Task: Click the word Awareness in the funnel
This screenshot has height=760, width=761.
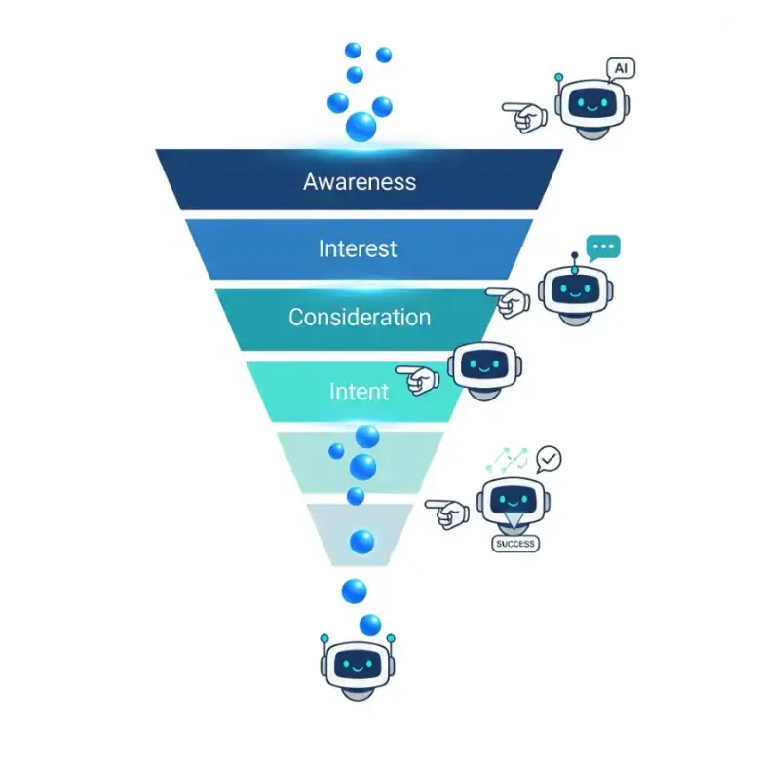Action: [x=360, y=182]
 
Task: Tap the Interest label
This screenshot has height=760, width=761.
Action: [x=358, y=248]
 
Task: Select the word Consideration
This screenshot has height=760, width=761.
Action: [x=360, y=318]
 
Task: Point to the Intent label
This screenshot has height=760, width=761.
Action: [x=359, y=392]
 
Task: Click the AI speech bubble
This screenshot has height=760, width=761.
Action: [x=621, y=69]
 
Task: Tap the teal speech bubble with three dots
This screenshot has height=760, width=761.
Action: [x=603, y=247]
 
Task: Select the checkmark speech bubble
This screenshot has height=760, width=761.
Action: [x=549, y=459]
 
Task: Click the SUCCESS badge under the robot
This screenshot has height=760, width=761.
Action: [x=515, y=544]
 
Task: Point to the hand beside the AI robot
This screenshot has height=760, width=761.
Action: [x=524, y=117]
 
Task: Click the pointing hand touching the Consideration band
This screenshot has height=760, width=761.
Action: [x=508, y=302]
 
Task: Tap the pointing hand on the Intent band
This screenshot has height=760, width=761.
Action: [x=418, y=380]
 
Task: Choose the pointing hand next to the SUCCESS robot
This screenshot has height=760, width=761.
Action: [x=447, y=514]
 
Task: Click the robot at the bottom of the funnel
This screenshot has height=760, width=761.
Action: [x=358, y=667]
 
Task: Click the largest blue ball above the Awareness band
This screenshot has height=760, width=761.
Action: [x=361, y=127]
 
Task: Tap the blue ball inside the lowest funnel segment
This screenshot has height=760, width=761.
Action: [x=362, y=542]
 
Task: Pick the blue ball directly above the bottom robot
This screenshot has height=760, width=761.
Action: [x=370, y=626]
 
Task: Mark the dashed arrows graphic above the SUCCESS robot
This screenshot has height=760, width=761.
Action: [x=508, y=460]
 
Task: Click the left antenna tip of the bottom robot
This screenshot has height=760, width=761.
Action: [x=324, y=638]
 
